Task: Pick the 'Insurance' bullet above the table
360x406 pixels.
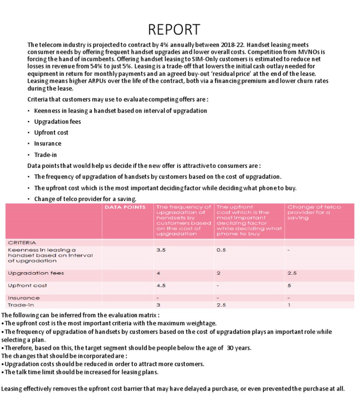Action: [x=48, y=143]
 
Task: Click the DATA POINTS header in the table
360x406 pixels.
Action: [x=125, y=207]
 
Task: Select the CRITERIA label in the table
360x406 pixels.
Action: [x=22, y=243]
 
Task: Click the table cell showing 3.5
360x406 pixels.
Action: [x=161, y=250]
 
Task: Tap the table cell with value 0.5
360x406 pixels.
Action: [x=221, y=250]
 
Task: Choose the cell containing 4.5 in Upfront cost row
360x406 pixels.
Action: [x=161, y=286]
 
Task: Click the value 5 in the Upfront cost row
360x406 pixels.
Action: [x=289, y=286]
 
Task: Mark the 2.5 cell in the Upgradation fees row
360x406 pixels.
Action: [x=292, y=273]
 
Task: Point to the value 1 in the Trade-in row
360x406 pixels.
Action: [x=289, y=305]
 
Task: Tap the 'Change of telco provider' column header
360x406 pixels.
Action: [x=314, y=212]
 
